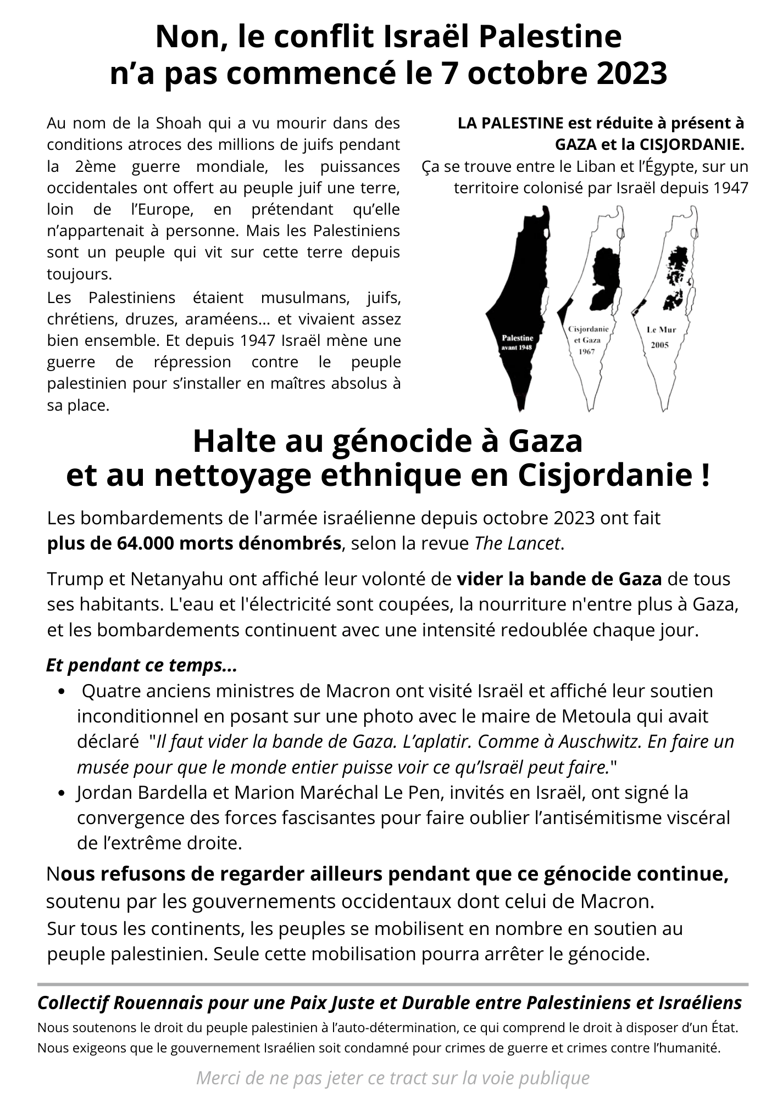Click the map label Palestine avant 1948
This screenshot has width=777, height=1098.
[x=518, y=342]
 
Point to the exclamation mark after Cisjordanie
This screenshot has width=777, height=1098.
[x=705, y=475]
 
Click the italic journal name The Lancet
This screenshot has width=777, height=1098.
[x=518, y=543]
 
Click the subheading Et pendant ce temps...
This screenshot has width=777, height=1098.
[x=142, y=665]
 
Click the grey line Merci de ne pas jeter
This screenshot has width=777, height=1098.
[x=392, y=1078]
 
